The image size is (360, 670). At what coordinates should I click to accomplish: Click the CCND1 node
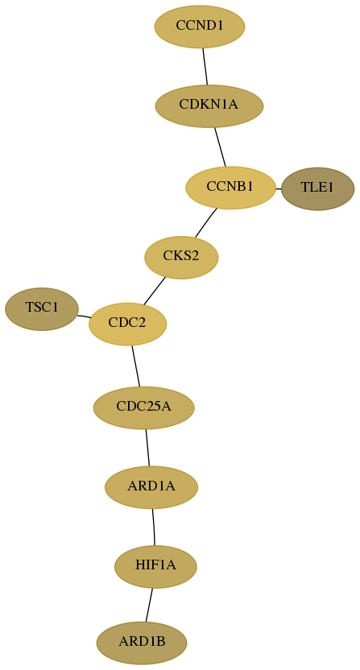pyautogui.click(x=200, y=27)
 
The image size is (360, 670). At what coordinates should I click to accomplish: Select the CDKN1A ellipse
pyautogui.click(x=209, y=106)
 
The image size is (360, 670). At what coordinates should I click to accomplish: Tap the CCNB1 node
pyautogui.click(x=230, y=188)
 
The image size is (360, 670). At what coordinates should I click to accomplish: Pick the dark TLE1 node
pyautogui.click(x=317, y=188)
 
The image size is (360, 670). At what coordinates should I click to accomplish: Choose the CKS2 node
pyautogui.click(x=181, y=257)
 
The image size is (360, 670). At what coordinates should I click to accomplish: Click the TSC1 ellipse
pyautogui.click(x=42, y=309)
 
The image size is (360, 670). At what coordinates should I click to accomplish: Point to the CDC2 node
pyautogui.click(x=127, y=324)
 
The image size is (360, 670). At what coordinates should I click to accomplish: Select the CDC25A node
pyautogui.click(x=143, y=407)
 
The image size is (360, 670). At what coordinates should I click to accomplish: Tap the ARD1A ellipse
pyautogui.click(x=151, y=487)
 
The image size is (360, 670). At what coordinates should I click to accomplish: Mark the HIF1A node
pyautogui.click(x=155, y=567)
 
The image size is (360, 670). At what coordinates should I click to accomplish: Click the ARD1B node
pyautogui.click(x=142, y=643)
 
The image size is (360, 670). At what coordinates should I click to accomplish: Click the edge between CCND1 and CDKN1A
pyautogui.click(x=205, y=66)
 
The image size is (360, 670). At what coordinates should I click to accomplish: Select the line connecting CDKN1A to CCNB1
pyautogui.click(x=220, y=147)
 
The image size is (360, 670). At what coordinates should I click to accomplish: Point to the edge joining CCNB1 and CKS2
pyautogui.click(x=205, y=222)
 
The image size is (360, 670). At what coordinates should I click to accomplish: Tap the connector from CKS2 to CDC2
pyautogui.click(x=155, y=291)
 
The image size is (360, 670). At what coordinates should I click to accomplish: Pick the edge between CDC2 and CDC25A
pyautogui.click(x=135, y=366)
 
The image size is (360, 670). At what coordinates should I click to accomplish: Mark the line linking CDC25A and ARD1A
pyautogui.click(x=147, y=448)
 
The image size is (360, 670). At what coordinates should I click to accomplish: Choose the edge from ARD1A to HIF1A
pyautogui.click(x=154, y=527)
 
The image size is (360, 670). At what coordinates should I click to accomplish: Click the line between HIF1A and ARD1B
pyautogui.click(x=149, y=605)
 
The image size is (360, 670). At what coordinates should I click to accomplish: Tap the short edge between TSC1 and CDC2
pyautogui.click(x=84, y=316)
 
